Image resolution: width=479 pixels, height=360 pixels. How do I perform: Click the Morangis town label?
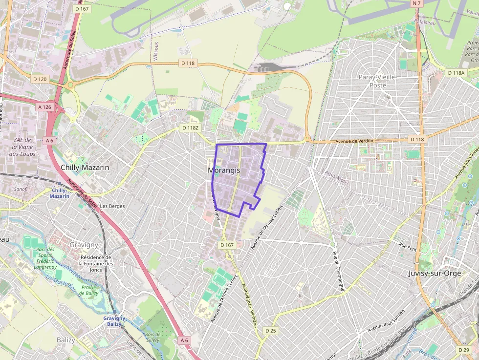224,170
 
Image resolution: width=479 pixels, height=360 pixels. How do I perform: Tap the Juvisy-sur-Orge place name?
435,273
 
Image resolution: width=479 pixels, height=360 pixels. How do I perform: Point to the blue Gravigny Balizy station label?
114,321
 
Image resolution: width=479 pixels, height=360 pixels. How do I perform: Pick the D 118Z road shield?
191,128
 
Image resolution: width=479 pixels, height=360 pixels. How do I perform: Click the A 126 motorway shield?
44,106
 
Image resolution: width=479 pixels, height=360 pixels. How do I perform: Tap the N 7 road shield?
416,3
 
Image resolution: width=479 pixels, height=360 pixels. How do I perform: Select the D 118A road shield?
456,73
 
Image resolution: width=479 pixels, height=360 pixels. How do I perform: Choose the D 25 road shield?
270,331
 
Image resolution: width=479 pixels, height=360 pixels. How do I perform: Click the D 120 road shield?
40,79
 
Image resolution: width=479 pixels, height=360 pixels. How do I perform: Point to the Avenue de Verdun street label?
354,141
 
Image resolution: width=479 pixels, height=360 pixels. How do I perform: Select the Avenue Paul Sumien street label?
386,320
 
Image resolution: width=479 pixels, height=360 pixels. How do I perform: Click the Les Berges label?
112,206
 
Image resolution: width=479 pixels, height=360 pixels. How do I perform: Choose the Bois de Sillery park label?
152,337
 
